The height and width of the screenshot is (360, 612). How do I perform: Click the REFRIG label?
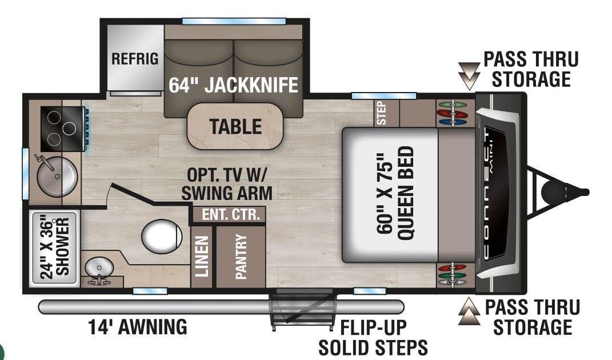pos(135,59)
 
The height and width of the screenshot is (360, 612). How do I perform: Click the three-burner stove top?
pos(62,129)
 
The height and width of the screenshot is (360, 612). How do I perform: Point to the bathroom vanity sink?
pos(99,267)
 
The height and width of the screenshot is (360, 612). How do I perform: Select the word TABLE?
pos(235,126)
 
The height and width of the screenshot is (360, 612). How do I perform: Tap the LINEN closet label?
pos(201,257)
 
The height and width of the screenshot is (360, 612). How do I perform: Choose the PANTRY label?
pos(241,257)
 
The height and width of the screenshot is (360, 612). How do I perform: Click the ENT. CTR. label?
pos(227,215)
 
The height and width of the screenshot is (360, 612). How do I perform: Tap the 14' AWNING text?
pos(138,327)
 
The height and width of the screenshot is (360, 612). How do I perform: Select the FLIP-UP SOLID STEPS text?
pos(373,337)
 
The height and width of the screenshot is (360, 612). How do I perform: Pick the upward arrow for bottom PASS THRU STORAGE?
pos(469,311)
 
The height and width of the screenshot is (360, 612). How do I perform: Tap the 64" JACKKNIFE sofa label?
pos(233,85)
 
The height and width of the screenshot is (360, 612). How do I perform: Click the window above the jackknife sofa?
pos(234,22)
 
